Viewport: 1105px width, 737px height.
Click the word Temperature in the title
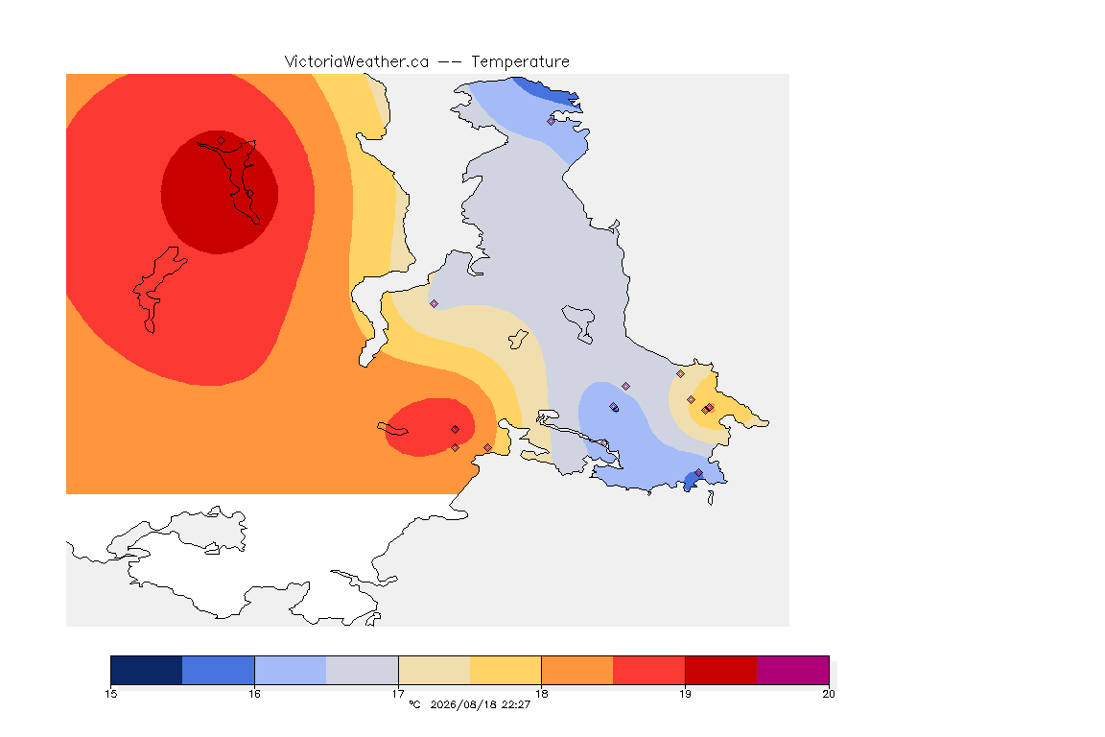tap(520, 62)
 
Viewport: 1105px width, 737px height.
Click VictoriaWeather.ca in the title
tap(357, 62)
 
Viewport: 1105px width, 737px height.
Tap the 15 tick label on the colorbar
tap(110, 694)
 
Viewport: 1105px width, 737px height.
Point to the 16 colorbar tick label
tap(254, 694)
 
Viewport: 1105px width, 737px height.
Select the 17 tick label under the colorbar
tap(398, 694)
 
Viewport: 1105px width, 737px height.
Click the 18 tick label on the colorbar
tap(541, 694)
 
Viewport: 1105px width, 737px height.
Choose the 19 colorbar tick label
tap(685, 694)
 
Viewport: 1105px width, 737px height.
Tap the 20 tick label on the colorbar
tap(829, 694)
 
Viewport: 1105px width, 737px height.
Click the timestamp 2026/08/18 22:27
tap(480, 704)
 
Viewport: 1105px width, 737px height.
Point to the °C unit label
tap(414, 704)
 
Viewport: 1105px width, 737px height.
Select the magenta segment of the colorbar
tap(793, 670)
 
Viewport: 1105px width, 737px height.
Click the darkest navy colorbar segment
tap(147, 670)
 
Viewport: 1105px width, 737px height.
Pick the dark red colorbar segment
tap(721, 670)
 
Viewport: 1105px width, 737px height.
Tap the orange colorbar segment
tap(577, 670)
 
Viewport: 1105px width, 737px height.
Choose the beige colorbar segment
tap(435, 670)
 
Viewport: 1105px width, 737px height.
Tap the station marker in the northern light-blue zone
tap(552, 121)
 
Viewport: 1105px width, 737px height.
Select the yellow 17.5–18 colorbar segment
tap(505, 670)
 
